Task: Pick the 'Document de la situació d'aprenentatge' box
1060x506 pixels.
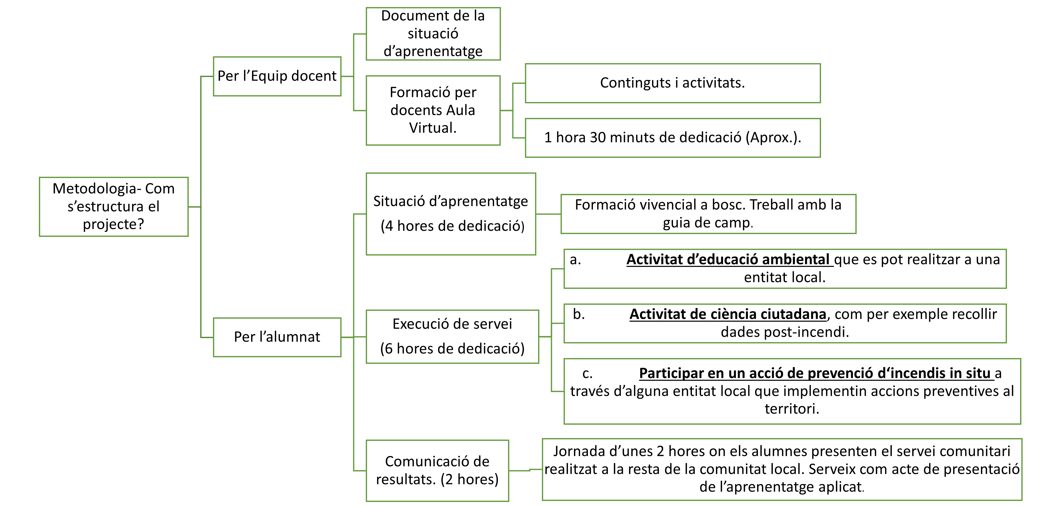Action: (433, 34)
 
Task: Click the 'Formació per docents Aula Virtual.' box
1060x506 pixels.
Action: (433, 110)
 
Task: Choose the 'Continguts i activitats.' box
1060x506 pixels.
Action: (673, 83)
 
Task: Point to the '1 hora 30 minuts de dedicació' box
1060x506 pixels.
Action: (673, 138)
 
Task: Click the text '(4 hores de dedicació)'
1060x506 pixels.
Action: (452, 226)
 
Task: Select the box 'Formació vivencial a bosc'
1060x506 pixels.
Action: (708, 214)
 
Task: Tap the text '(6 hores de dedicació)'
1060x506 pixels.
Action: (452, 348)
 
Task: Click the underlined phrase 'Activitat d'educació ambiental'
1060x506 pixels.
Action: (730, 260)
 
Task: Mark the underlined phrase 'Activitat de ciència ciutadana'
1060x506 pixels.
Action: (728, 314)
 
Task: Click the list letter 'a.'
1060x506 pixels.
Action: (575, 260)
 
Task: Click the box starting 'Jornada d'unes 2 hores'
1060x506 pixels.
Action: (782, 469)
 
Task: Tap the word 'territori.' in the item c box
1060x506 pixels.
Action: (792, 409)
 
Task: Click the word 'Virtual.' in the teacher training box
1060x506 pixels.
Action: (432, 128)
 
